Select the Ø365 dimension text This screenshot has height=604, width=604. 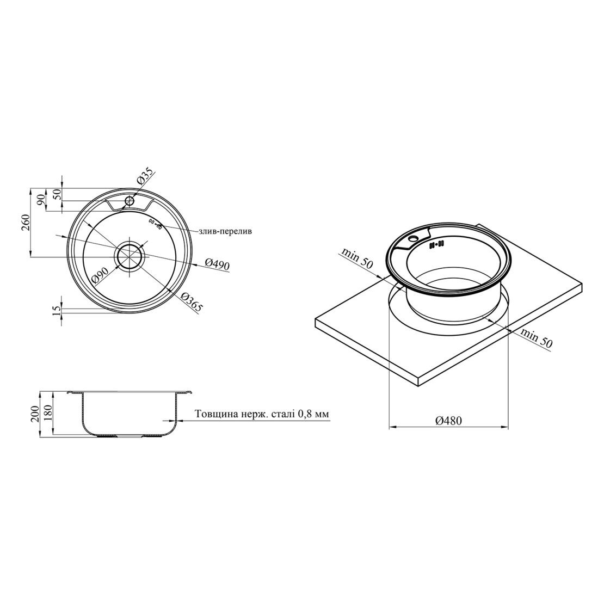pyautogui.click(x=192, y=301)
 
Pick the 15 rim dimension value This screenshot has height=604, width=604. pyautogui.click(x=57, y=309)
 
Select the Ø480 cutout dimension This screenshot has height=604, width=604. pyautogui.click(x=448, y=421)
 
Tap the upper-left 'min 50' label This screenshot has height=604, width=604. pyautogui.click(x=357, y=258)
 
